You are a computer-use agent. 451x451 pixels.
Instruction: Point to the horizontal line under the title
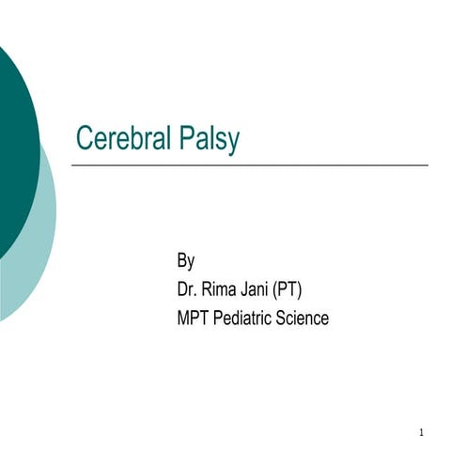tap(250, 165)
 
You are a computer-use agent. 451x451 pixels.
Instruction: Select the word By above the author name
tap(185, 258)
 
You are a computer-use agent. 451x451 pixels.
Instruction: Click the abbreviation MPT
tap(193, 319)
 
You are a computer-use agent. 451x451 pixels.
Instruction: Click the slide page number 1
tap(422, 433)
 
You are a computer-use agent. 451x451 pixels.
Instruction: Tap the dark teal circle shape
tap(14, 150)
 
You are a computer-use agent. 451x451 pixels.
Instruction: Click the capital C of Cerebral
tap(84, 139)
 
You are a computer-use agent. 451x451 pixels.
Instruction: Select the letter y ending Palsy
tap(233, 143)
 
